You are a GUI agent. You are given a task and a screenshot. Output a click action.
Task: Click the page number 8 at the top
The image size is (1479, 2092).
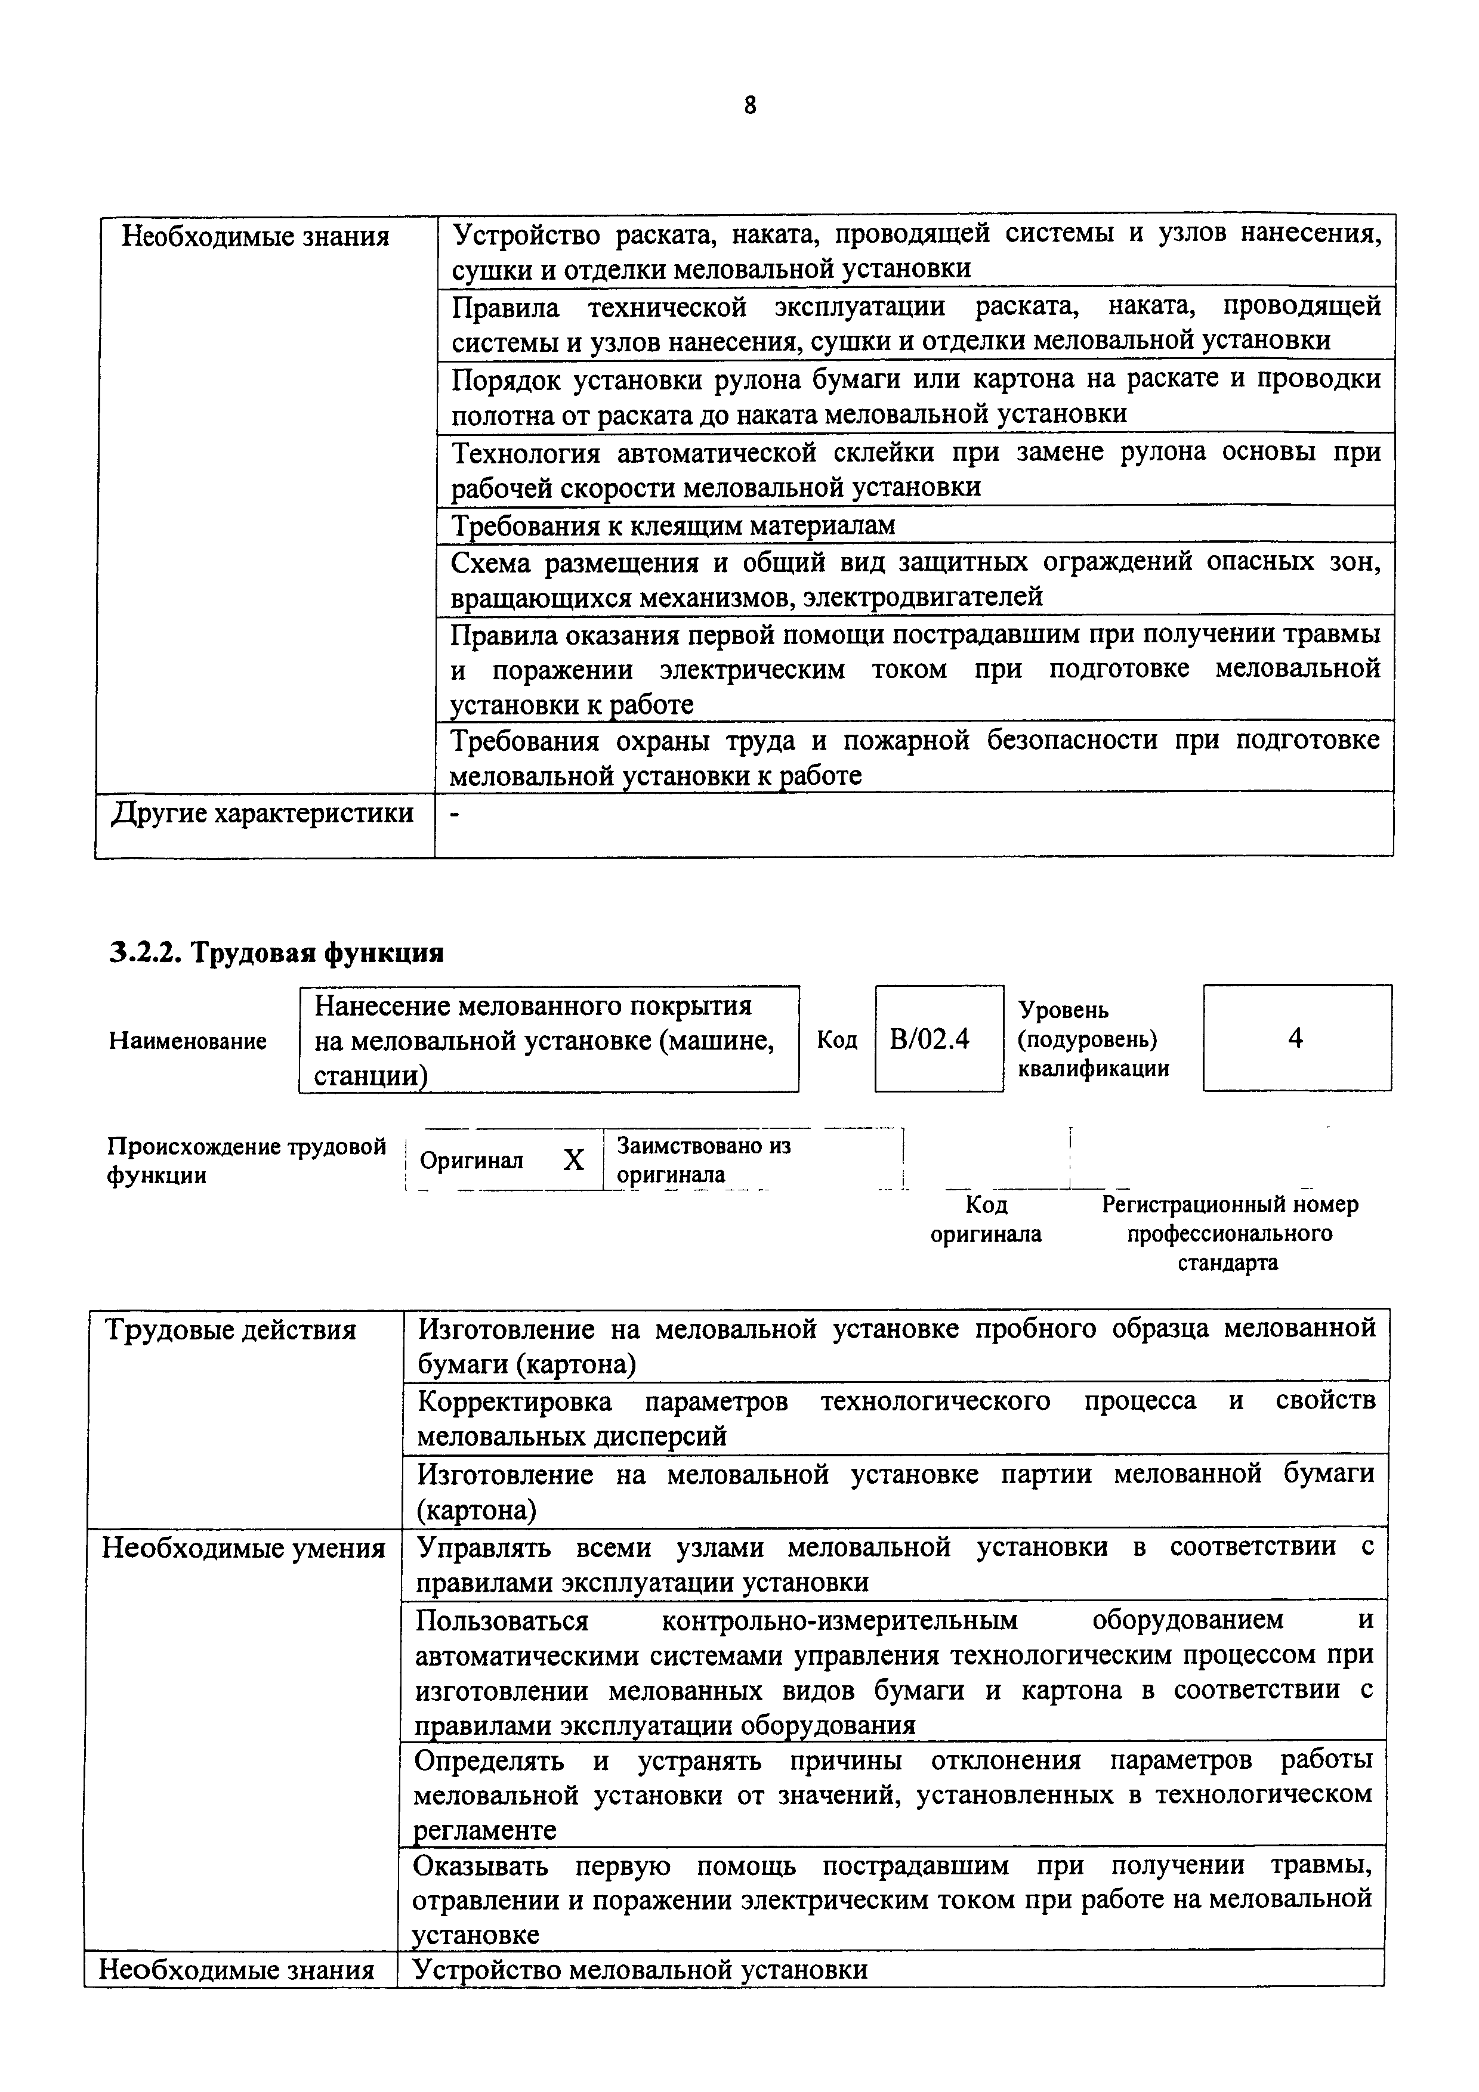click(x=749, y=106)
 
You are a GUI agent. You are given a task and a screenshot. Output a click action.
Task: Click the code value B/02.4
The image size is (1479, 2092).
click(x=930, y=1039)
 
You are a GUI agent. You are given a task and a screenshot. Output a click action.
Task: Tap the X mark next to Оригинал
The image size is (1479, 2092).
click(x=573, y=1160)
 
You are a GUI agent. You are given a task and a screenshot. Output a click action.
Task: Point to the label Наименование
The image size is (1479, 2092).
click(x=188, y=1041)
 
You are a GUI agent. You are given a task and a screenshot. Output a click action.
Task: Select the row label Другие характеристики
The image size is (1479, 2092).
click(x=263, y=813)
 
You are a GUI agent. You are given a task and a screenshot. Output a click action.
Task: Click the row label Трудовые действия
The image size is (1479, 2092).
click(x=230, y=1330)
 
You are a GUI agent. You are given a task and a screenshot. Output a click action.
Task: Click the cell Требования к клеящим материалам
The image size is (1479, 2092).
click(x=674, y=526)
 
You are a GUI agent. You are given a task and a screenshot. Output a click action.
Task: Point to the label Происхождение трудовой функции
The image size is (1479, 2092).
click(x=246, y=1160)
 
